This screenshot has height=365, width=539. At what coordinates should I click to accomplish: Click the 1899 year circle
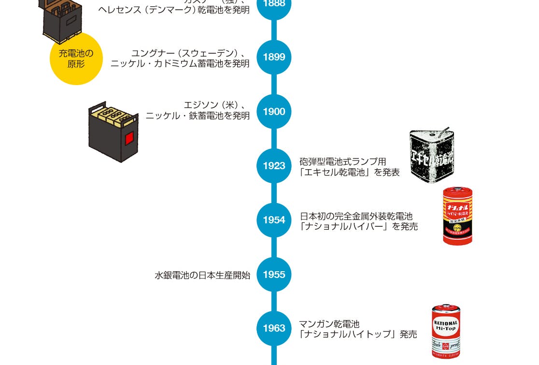pyautogui.click(x=274, y=57)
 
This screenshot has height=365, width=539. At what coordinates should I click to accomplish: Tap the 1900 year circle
pyautogui.click(x=274, y=112)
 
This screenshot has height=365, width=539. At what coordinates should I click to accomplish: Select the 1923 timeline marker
pyautogui.click(x=274, y=166)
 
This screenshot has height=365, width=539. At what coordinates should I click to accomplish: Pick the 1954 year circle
pyautogui.click(x=274, y=220)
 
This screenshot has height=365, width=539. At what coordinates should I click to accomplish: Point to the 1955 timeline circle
pyautogui.click(x=274, y=275)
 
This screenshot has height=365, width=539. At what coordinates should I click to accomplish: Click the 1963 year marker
pyautogui.click(x=274, y=328)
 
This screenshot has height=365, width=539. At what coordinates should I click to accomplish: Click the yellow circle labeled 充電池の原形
pyautogui.click(x=76, y=58)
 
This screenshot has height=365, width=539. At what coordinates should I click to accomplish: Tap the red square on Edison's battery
pyautogui.click(x=129, y=139)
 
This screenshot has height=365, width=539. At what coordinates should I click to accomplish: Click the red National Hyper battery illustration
pyautogui.click(x=457, y=216)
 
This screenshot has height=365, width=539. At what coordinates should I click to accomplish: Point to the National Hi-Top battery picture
pyautogui.click(x=446, y=331)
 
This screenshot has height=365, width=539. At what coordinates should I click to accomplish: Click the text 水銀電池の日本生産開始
pyautogui.click(x=202, y=276)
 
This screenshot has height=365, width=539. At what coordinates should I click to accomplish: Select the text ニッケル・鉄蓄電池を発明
pyautogui.click(x=198, y=116)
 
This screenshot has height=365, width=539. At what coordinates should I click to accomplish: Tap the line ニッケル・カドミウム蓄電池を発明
pyautogui.click(x=180, y=63)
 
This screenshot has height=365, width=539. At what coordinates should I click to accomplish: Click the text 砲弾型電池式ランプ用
pyautogui.click(x=342, y=161)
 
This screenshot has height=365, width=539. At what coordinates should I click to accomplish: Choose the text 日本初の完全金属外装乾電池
pyautogui.click(x=356, y=216)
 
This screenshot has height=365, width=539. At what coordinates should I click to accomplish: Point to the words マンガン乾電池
pyautogui.click(x=329, y=324)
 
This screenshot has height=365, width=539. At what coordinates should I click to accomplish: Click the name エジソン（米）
pyautogui.click(x=215, y=105)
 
